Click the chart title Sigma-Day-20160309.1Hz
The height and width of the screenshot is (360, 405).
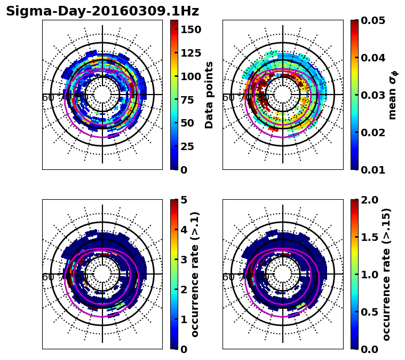[x=102, y=11]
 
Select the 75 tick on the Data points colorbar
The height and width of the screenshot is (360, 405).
[x=188, y=99]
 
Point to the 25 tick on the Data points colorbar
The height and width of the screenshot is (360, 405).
[x=188, y=146]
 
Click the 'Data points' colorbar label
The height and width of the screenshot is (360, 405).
[x=209, y=95]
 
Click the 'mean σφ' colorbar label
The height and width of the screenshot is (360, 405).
[x=392, y=95]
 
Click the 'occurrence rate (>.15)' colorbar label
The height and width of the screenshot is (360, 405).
[x=386, y=274]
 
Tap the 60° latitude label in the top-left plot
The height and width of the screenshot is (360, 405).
[x=48, y=98]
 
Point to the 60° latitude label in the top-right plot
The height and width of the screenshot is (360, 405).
[x=228, y=98]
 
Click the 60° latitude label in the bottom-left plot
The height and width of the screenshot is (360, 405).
[x=48, y=277]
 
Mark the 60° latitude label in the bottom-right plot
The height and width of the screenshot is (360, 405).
[x=228, y=277]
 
